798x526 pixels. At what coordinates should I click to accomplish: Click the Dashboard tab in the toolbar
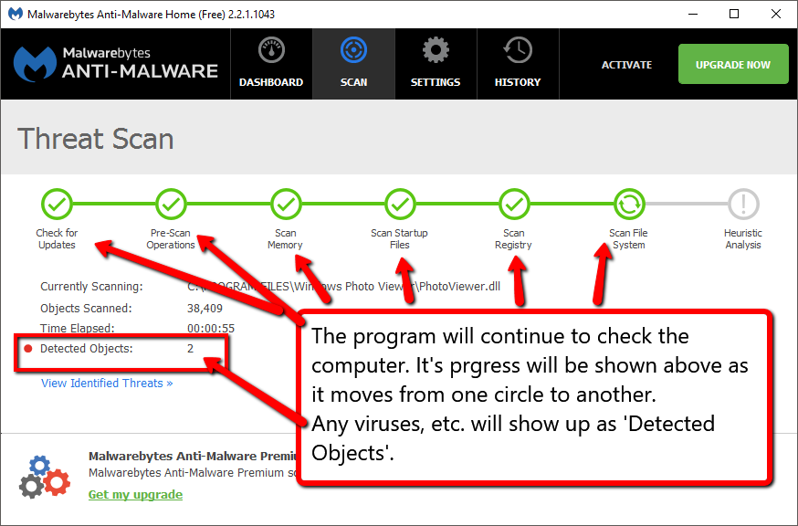click(271, 64)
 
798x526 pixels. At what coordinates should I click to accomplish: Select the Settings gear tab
click(436, 64)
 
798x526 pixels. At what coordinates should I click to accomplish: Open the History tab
click(518, 64)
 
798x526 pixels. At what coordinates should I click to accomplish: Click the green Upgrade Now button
click(733, 65)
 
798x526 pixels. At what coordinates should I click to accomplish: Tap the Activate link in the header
click(626, 65)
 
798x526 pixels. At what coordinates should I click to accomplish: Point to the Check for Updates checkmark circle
click(58, 204)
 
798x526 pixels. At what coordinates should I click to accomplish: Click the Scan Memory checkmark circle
click(286, 204)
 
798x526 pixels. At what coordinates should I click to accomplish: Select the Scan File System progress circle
click(628, 204)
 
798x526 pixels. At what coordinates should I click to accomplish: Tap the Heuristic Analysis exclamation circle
click(743, 204)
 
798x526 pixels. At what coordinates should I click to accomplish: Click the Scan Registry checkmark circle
click(514, 204)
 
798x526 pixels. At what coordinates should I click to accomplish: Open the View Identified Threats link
click(107, 384)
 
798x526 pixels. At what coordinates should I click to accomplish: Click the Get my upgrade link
click(135, 495)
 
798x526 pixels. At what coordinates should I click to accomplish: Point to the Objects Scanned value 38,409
click(205, 309)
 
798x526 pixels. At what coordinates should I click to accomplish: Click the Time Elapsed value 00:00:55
click(211, 329)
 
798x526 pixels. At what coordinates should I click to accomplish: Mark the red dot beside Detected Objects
click(28, 349)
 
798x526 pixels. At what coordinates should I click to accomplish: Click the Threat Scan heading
click(96, 140)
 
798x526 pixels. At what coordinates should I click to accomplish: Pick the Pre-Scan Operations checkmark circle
click(171, 204)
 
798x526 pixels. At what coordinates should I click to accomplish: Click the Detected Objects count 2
click(191, 349)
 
